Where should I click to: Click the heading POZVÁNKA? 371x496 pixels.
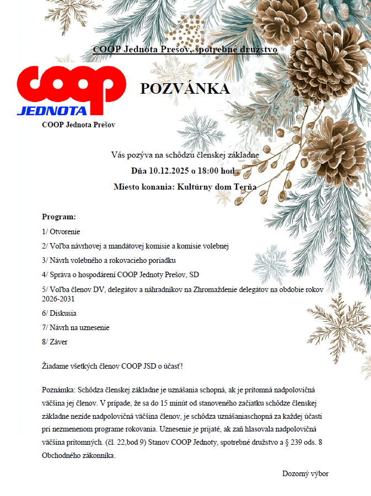[185, 89]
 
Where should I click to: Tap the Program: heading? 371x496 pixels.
[59, 217]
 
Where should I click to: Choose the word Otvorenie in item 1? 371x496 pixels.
[64, 231]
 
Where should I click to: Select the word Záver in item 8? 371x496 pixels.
[58, 342]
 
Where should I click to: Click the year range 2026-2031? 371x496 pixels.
[58, 299]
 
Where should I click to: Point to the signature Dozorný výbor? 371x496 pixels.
[305, 473]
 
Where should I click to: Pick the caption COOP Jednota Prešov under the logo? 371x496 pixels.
[78, 125]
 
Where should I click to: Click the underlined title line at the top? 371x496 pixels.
[185, 49]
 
